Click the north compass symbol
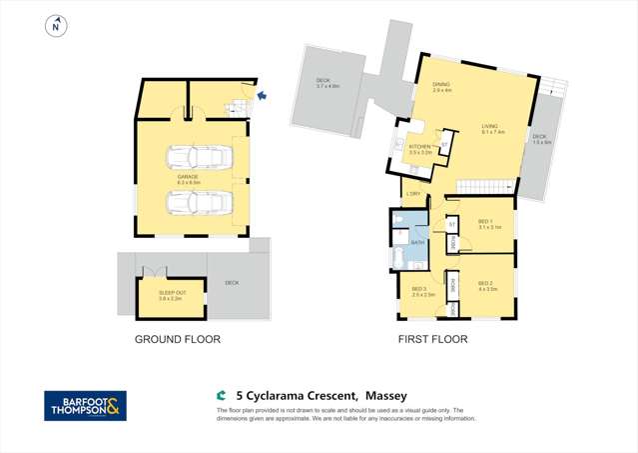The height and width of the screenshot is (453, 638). (x=57, y=26)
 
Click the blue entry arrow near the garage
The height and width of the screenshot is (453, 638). (x=262, y=96)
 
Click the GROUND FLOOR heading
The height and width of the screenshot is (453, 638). (x=178, y=340)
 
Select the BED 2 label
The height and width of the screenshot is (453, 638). (x=486, y=284)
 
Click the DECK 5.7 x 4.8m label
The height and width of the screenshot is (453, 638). (x=328, y=84)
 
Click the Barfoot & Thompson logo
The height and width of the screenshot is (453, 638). (x=85, y=405)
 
